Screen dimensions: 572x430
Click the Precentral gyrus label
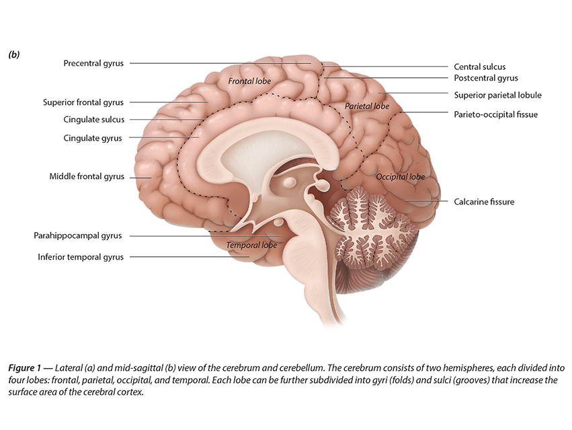pyautogui.click(x=93, y=63)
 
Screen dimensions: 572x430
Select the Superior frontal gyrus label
pyautogui.click(x=83, y=102)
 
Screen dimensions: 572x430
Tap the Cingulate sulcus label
pyautogui.click(x=93, y=120)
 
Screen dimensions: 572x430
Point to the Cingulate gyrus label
pyautogui.click(x=93, y=138)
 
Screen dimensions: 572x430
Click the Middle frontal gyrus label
pyautogui.click(x=87, y=176)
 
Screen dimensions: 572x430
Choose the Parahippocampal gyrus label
pyautogui.click(x=79, y=236)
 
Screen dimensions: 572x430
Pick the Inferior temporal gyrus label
pyautogui.click(x=81, y=256)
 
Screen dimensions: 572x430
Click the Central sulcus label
pyautogui.click(x=479, y=67)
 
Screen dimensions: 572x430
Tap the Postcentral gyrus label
pyautogui.click(x=485, y=78)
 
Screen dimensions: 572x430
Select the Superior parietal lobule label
pyautogui.click(x=497, y=95)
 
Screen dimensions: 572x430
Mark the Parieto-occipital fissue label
pyautogui.click(x=495, y=114)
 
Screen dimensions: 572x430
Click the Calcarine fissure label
pyautogui.click(x=483, y=201)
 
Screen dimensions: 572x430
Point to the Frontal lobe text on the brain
pyautogui.click(x=249, y=81)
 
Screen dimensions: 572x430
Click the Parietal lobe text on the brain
pyautogui.click(x=367, y=106)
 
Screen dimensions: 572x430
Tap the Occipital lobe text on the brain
pyautogui.click(x=400, y=177)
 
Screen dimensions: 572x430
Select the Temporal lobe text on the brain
pyautogui.click(x=251, y=246)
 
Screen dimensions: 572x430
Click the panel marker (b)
pyautogui.click(x=13, y=54)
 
